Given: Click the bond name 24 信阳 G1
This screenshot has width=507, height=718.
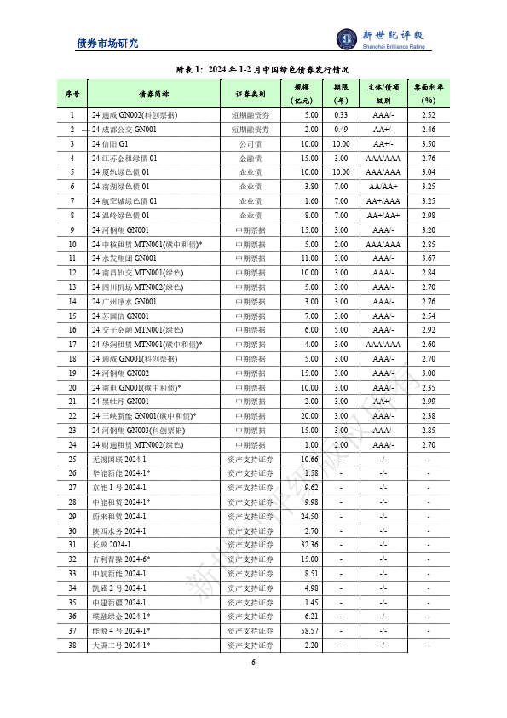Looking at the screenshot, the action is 112,144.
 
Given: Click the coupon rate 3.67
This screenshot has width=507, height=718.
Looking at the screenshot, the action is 429,258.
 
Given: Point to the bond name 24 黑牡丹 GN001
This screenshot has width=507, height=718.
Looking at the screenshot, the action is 121,402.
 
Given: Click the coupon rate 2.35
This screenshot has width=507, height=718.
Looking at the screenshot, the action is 429,387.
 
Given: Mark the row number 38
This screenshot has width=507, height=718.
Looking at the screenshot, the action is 72,645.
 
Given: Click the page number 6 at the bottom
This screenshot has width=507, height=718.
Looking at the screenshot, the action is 253,663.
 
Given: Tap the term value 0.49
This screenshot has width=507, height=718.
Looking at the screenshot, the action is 341,130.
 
